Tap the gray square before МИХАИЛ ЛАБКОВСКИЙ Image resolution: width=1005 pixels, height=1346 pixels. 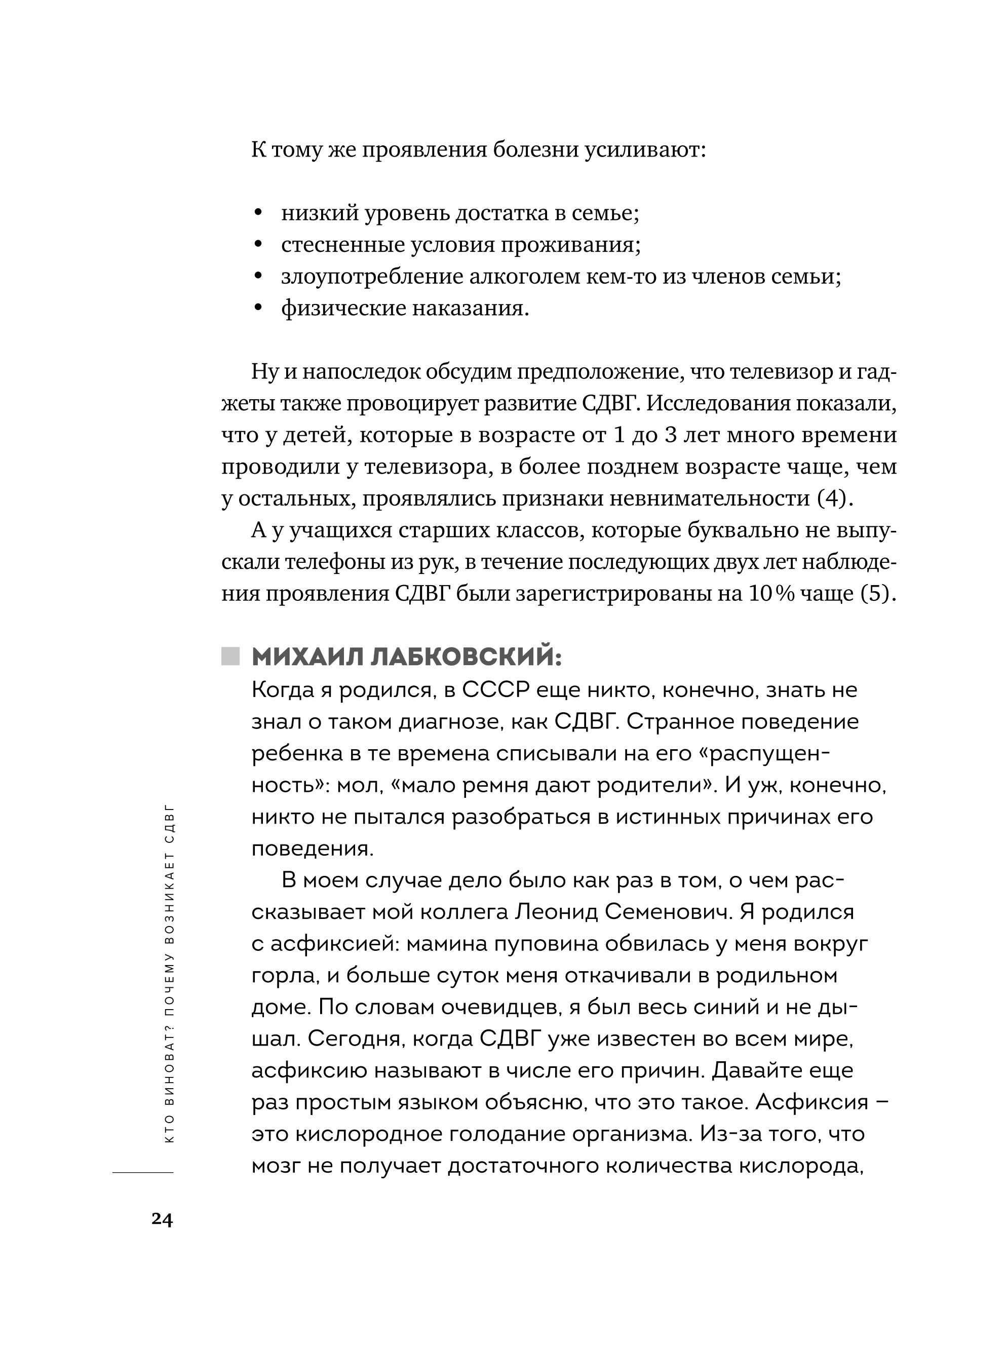click(x=230, y=656)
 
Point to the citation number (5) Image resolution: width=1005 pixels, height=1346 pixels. click(x=877, y=594)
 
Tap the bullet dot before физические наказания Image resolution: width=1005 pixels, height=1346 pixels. click(x=258, y=309)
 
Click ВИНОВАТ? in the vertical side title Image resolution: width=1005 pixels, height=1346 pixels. click(x=170, y=1067)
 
